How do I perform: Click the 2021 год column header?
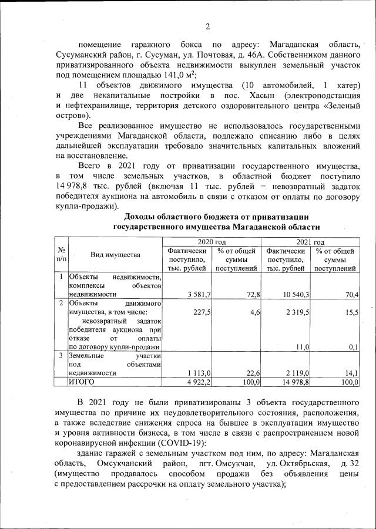311,241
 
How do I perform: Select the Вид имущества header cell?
115,255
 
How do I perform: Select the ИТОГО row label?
83,382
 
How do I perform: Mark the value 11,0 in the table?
302,347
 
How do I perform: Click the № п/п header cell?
61,255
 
